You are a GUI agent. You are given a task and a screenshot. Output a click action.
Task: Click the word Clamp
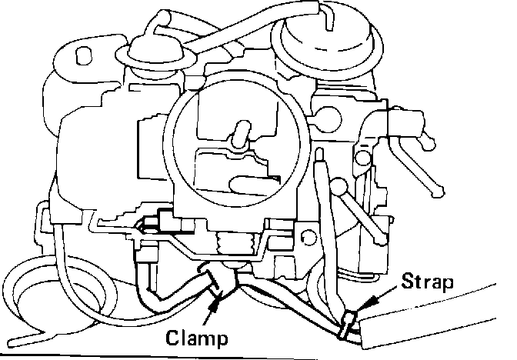pos(198,336)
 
